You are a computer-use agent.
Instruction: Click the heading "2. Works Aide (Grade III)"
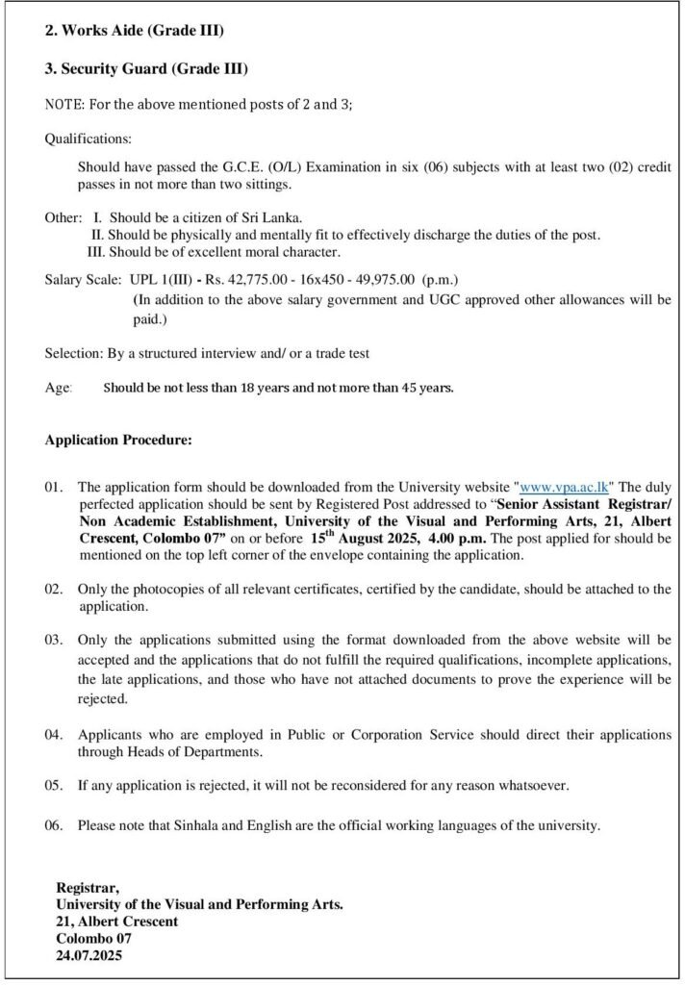(134, 31)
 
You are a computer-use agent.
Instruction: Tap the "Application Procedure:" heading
(118, 441)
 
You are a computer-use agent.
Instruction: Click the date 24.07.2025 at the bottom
(89, 956)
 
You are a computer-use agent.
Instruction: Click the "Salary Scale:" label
(82, 279)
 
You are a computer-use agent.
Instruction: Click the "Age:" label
(59, 388)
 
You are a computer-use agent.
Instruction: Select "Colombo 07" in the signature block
(94, 939)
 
